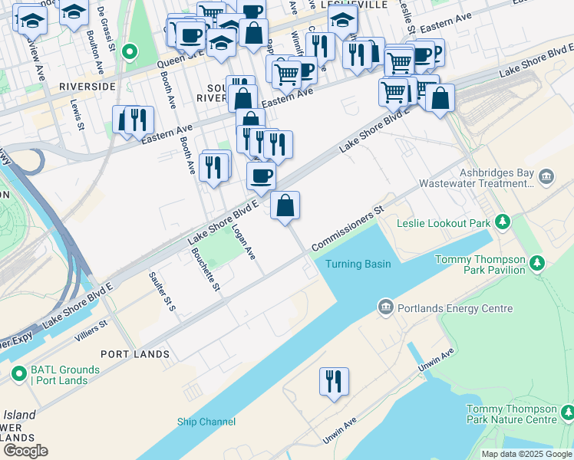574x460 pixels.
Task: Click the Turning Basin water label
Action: pos(358,264)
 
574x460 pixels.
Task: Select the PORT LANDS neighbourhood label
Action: pos(135,354)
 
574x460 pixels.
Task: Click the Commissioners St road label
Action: pos(346,229)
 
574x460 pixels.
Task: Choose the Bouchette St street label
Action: pos(206,269)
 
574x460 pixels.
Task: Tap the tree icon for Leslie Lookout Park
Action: pos(503,223)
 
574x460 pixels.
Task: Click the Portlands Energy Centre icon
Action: pos(385,309)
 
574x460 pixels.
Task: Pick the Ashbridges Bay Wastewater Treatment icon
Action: pos(546,179)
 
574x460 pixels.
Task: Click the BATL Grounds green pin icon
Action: pos(19,375)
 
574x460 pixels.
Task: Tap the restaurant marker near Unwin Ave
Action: pos(334,381)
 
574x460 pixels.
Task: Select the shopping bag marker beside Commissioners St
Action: pos(285,205)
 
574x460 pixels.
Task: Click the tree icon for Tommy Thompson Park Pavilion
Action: pos(538,264)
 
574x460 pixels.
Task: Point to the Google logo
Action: pos(25,451)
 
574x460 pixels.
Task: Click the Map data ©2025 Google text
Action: pos(526,454)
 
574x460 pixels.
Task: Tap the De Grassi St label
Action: pos(107,28)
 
